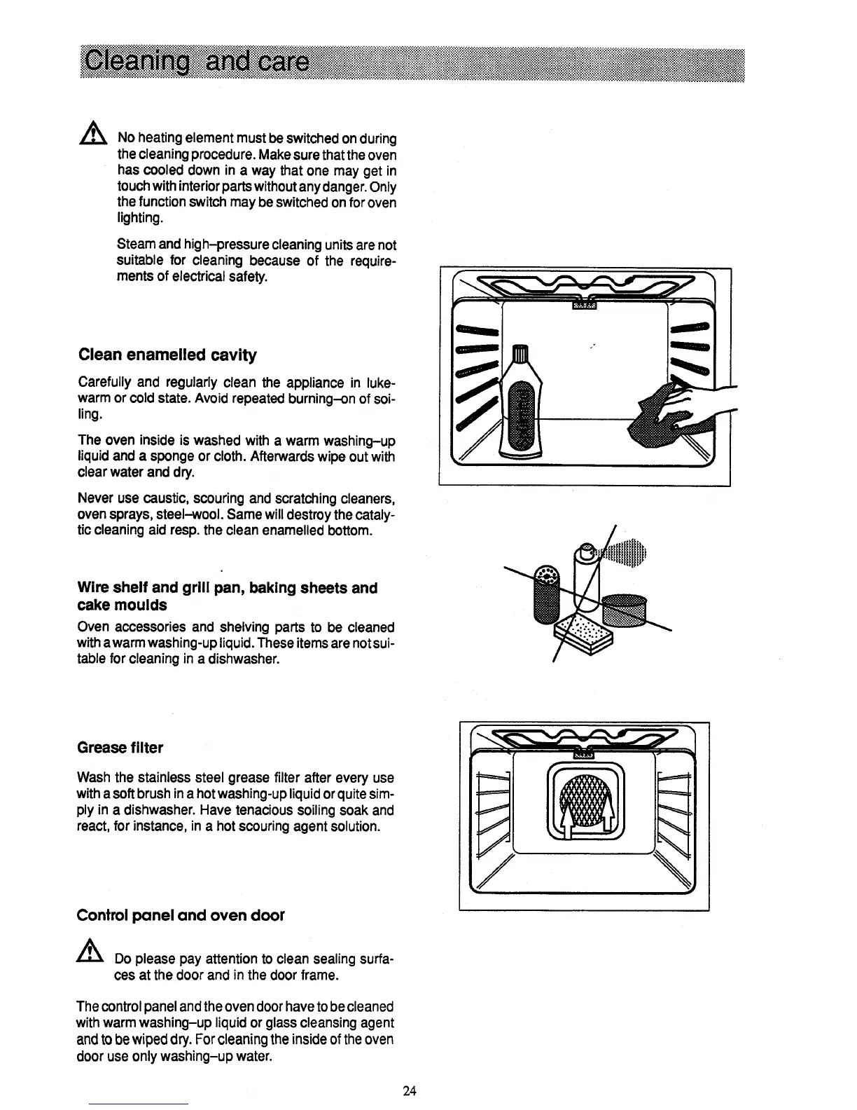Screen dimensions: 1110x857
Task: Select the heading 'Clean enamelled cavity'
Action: pos(167,355)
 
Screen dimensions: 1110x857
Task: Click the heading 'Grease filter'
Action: pos(120,748)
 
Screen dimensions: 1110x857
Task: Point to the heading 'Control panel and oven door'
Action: pos(180,916)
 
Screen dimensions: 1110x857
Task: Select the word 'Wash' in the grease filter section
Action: pos(92,779)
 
